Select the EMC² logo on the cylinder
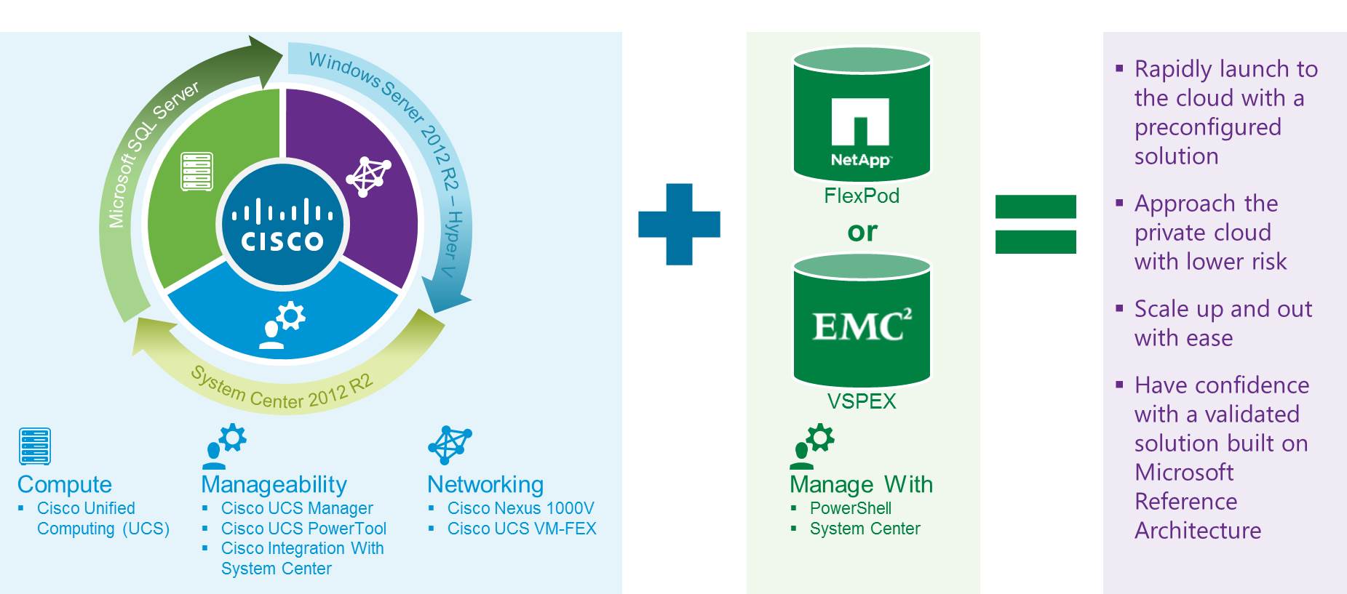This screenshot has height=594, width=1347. pyautogui.click(x=862, y=326)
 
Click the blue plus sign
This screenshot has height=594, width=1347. pyautogui.click(x=679, y=224)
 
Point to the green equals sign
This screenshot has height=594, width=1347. pyautogui.click(x=1036, y=224)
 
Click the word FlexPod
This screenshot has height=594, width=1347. pyautogui.click(x=862, y=196)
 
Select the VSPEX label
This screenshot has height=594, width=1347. pyautogui.click(x=862, y=401)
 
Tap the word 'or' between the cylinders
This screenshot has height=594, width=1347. pyautogui.click(x=862, y=231)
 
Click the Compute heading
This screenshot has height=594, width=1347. pyautogui.click(x=65, y=484)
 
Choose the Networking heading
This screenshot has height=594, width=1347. pyautogui.click(x=485, y=484)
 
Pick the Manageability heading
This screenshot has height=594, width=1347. pyautogui.click(x=274, y=484)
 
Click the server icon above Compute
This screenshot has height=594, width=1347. pyautogui.click(x=35, y=446)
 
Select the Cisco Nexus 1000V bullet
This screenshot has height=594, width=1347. pyautogui.click(x=520, y=508)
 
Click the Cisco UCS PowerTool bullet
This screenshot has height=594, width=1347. pyautogui.click(x=303, y=529)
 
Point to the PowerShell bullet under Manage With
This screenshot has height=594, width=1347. pyautogui.click(x=850, y=508)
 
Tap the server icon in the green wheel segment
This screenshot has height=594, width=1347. pyautogui.click(x=196, y=172)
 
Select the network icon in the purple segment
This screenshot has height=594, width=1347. pyautogui.click(x=368, y=175)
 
